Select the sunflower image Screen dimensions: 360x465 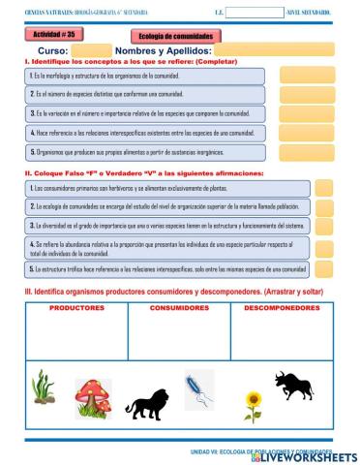click(x=253, y=405)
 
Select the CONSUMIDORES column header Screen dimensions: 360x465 click(x=180, y=307)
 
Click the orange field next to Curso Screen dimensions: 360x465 click(x=92, y=49)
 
